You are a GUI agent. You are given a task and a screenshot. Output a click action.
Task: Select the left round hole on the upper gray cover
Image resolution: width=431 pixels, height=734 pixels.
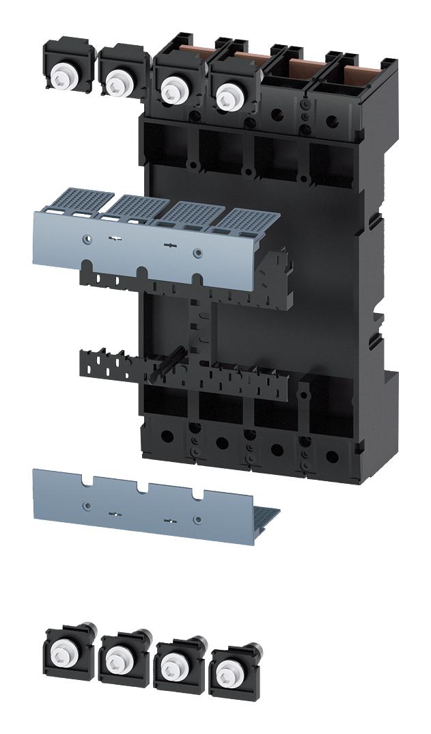tap(86, 239)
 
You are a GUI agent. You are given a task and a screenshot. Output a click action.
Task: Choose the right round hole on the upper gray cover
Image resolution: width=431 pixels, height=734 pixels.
tap(197, 253)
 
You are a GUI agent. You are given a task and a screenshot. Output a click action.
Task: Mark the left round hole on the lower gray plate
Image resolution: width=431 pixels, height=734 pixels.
tap(86, 505)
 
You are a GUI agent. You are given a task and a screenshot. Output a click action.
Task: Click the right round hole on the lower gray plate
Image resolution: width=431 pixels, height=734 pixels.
tap(197, 519)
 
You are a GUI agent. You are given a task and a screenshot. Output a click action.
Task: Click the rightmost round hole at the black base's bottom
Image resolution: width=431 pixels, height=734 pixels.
tap(332, 455)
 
